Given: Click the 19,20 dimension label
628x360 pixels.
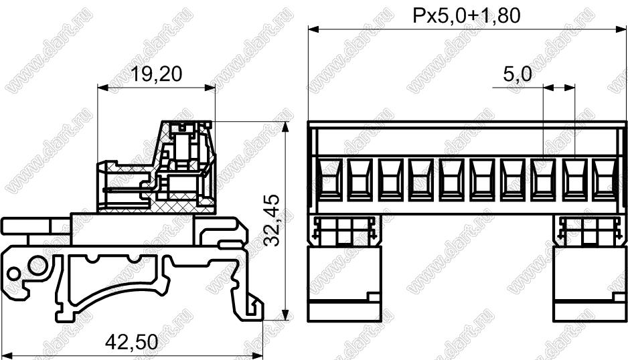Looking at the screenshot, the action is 157,74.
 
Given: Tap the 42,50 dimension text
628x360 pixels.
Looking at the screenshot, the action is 132,343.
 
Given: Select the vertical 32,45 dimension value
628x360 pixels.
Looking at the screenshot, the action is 274,220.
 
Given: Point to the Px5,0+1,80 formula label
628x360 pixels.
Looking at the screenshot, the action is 467,15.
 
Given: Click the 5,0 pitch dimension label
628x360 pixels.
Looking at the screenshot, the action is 518,74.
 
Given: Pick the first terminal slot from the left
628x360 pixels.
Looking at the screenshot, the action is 331,179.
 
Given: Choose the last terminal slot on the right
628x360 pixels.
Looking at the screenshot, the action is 605,179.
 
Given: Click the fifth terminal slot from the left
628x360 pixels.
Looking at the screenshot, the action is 452,179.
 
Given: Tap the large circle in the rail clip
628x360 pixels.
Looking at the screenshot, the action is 38,266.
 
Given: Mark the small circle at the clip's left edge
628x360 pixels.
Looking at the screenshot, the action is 13,274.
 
